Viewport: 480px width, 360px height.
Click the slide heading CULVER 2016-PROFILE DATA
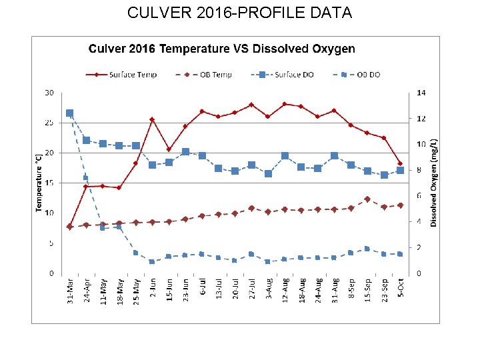pos(239,13)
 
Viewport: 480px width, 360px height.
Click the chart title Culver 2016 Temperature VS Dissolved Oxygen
pos(222,49)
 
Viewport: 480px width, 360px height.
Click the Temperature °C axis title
pos(38,182)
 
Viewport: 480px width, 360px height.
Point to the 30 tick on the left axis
pos(49,92)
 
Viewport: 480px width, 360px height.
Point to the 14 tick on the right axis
pos(422,92)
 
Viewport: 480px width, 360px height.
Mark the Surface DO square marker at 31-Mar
pos(70,113)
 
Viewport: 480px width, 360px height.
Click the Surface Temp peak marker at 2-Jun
pos(152,119)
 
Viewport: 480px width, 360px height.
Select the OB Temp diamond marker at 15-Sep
pos(367,199)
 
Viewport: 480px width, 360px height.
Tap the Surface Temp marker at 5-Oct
pos(400,163)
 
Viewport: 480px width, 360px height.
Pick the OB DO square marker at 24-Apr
pos(86,178)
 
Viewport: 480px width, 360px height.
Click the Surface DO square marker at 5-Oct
pos(400,170)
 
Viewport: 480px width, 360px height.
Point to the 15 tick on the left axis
pos(49,183)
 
